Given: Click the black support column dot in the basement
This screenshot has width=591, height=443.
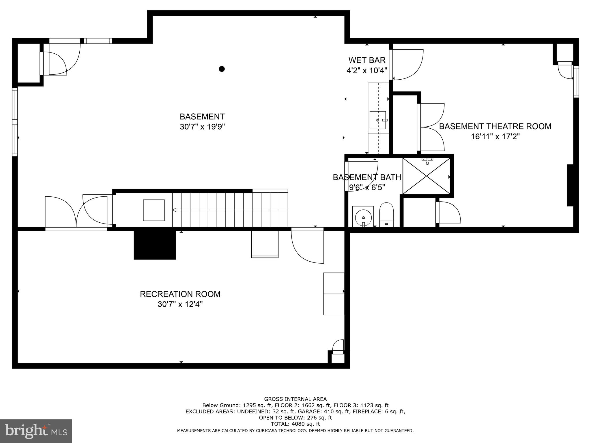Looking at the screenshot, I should point(222,69).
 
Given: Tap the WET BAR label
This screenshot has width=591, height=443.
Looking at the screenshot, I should point(367,60).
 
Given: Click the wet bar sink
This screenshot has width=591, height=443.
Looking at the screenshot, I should point(378,120).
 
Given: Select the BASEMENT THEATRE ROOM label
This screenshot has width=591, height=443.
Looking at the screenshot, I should point(495,126).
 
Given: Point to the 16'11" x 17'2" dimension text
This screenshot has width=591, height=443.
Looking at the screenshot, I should point(495,136).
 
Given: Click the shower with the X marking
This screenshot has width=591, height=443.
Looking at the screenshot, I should point(426,176).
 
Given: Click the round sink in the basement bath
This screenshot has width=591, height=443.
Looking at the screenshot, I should point(363,217).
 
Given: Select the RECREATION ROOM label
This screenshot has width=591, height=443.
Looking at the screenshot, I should point(180,294).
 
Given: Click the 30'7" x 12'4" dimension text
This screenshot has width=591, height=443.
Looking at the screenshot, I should point(180,304).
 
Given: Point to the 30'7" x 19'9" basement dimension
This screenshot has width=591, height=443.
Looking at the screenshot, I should point(202,127).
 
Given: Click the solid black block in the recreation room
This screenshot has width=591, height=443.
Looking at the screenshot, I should point(155,245).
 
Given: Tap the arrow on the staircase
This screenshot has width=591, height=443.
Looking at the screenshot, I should point(174,210).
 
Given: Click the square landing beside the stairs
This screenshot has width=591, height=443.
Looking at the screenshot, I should point(154,210).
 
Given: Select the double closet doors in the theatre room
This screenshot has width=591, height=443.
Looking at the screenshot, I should point(431,127).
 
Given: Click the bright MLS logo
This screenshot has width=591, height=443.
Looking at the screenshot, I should point(36,431).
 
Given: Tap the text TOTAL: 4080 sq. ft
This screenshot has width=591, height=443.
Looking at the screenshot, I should point(295,424).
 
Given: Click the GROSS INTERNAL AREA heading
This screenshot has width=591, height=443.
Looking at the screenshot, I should point(295,399).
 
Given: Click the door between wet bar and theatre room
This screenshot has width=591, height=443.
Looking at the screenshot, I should point(406,65).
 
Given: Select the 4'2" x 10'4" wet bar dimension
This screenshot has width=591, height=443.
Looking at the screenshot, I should point(367,70).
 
